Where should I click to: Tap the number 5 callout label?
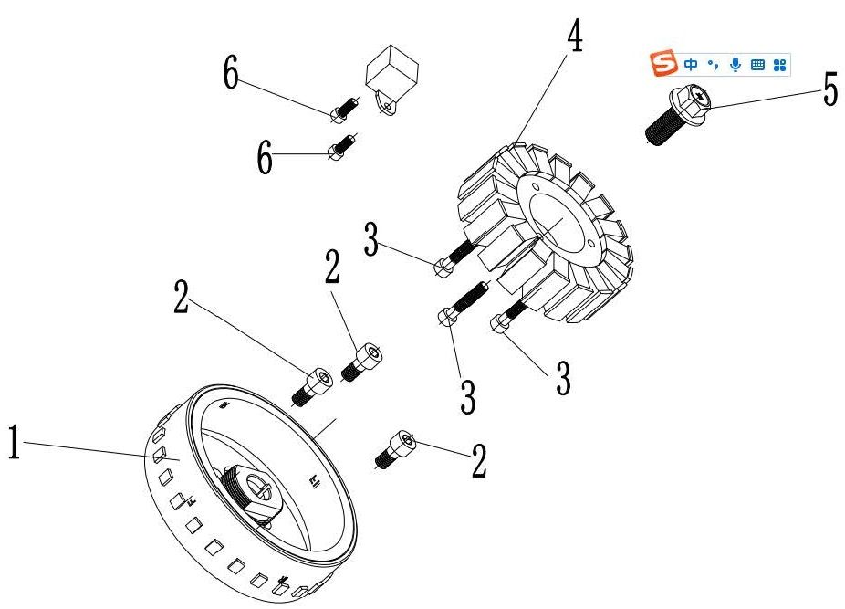click(829, 89)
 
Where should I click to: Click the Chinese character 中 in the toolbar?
click(691, 64)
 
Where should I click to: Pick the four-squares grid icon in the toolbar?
click(779, 64)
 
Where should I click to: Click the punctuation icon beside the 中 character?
click(714, 64)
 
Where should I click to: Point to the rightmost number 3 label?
click(563, 378)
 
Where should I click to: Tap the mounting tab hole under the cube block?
click(390, 108)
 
